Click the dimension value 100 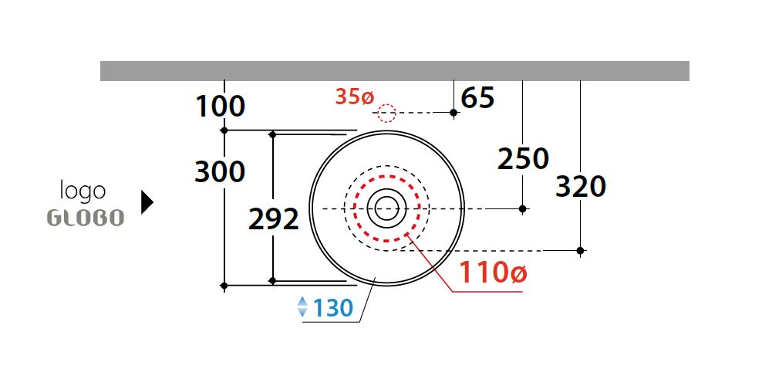220,106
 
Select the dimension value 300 220,171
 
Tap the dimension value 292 273,220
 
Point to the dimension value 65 477,99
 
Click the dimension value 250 523,159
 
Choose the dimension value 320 581,187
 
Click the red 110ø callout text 494,273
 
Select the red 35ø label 354,97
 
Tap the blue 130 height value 332,309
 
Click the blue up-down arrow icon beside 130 302,308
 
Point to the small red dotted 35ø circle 386,113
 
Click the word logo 83,190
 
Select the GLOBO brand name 86,218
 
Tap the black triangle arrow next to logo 147,202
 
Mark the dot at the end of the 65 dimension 453,113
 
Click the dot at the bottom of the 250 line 523,208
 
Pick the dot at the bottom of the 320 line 581,250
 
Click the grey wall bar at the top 394,70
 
